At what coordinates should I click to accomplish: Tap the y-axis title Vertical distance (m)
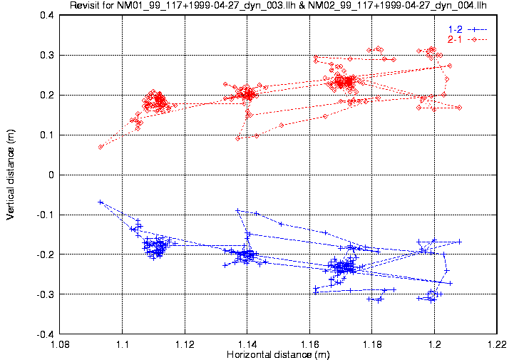click(x=10, y=173)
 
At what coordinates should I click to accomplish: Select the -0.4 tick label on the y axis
click(x=46, y=334)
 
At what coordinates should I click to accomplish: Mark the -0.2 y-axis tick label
click(x=46, y=254)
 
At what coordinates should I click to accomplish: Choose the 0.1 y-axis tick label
click(x=48, y=135)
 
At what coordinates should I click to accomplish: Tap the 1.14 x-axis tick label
click(x=247, y=344)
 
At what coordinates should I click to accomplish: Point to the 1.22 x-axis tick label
click(x=497, y=344)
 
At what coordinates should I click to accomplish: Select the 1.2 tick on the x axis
click(x=435, y=344)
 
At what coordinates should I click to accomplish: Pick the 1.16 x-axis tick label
click(x=310, y=344)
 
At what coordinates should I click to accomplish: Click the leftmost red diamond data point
click(x=101, y=147)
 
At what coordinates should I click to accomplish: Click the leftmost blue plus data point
click(x=101, y=202)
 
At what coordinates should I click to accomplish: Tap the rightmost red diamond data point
click(x=460, y=108)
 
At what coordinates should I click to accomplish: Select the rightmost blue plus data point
click(x=460, y=242)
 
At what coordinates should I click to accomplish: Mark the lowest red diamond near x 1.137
click(x=238, y=138)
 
